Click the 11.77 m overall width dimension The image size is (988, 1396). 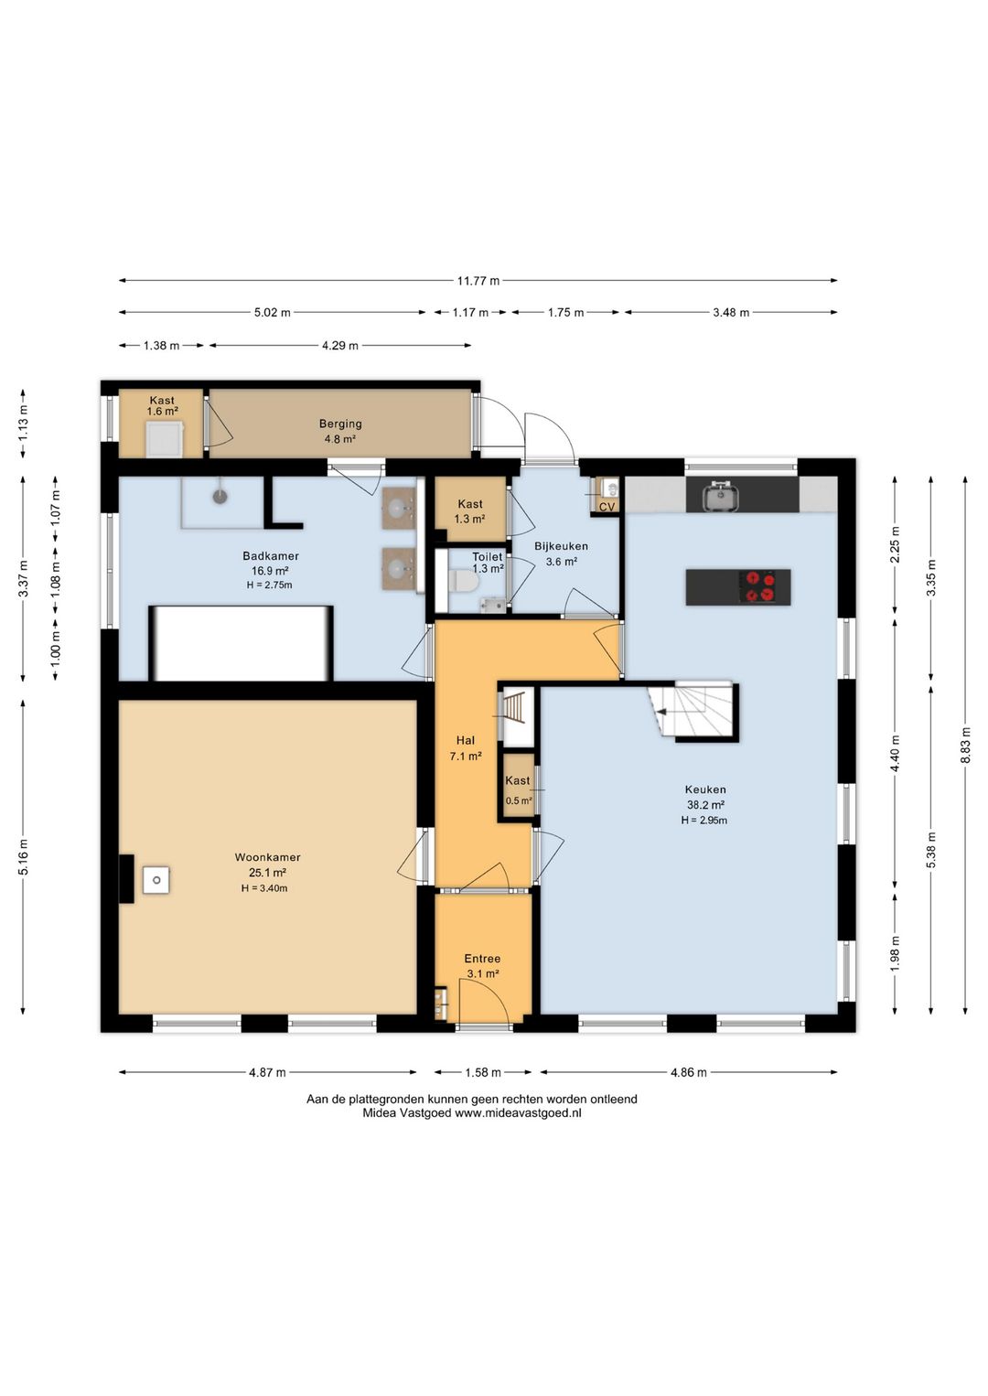478,281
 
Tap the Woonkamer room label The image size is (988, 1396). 267,857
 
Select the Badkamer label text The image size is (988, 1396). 271,556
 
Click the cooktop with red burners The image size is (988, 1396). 760,586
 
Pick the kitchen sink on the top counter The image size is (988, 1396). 721,496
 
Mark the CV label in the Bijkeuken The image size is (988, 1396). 607,507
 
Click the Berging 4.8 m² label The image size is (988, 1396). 340,431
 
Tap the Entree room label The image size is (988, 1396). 482,959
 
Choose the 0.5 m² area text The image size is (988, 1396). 519,800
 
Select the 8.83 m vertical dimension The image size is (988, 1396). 965,745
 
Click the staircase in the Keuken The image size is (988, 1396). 692,710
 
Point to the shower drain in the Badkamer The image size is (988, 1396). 220,497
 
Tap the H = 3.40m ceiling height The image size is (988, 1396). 264,888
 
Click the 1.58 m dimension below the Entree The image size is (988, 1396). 483,1072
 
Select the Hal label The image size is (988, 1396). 466,740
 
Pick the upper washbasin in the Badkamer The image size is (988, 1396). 399,509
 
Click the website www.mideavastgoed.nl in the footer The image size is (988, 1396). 518,1113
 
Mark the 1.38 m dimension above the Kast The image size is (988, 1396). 161,345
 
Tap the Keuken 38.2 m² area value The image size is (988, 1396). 704,804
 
